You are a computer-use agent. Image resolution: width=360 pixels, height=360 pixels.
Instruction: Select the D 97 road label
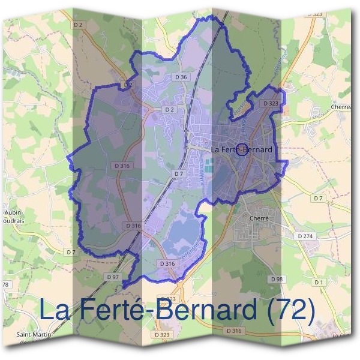tap(113, 277)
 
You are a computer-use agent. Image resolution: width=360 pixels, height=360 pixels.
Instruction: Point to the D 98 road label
tap(276, 280)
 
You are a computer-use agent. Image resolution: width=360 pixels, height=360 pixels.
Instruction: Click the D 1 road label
tap(318, 282)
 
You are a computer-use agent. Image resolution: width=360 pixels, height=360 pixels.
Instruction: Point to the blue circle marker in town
tap(241, 149)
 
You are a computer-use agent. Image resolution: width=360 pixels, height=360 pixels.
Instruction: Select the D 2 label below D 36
tap(169, 110)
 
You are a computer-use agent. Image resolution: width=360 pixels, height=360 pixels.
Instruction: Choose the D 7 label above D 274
tap(318, 198)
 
